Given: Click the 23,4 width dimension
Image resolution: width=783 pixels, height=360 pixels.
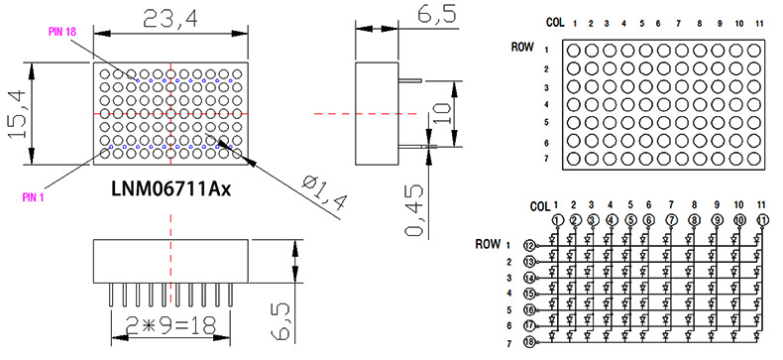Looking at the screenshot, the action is [x=170, y=19].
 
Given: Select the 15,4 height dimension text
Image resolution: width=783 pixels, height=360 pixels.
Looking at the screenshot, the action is [x=18, y=112].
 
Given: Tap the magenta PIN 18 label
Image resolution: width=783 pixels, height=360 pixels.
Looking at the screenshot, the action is [x=61, y=32].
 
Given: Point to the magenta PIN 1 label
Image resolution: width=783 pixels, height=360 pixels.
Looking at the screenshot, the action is [x=33, y=197].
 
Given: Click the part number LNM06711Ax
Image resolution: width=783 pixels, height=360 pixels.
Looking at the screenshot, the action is [x=170, y=189].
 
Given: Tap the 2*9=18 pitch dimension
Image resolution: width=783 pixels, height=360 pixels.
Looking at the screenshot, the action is [x=169, y=326].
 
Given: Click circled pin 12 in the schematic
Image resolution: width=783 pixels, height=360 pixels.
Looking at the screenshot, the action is [x=529, y=246].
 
